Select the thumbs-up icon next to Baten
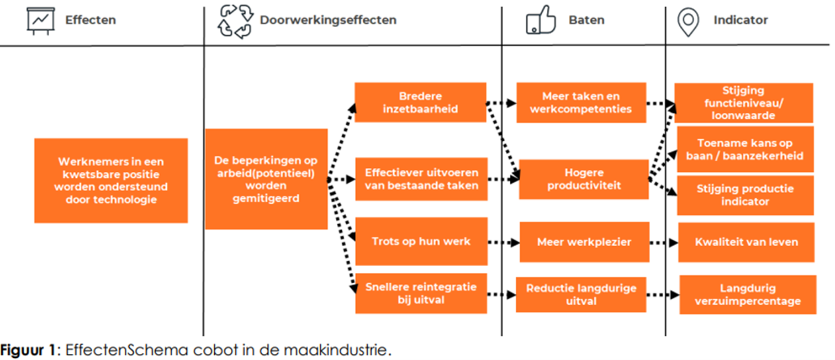tap(540, 20)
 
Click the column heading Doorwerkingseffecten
tap(328, 20)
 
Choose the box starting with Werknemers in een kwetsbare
tap(111, 181)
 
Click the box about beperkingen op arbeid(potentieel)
tap(266, 178)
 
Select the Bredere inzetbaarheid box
tap(420, 102)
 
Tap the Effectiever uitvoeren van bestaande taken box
tap(421, 179)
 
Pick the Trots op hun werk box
tap(421, 241)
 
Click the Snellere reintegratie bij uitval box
tap(421, 293)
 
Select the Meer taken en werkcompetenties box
tap(581, 102)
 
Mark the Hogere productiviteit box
tap(584, 179)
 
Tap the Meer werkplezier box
tap(584, 242)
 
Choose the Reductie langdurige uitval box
tap(581, 294)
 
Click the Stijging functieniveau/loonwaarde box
tap(743, 103)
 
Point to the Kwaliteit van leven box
tap(746, 242)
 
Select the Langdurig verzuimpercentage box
tap(747, 295)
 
